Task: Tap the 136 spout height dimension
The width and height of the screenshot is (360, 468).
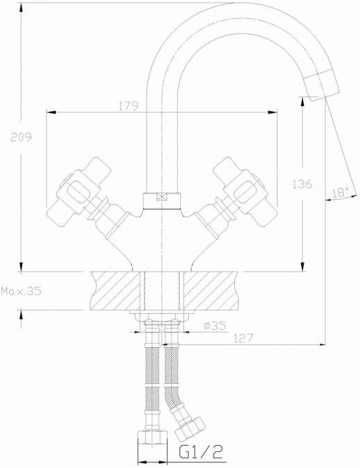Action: [x=302, y=184]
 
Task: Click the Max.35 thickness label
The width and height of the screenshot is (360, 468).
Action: [x=22, y=292]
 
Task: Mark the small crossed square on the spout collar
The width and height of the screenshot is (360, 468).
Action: [x=162, y=197]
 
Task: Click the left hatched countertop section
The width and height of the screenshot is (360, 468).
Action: [x=115, y=290]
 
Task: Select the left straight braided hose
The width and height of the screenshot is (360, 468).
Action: [x=152, y=382]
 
